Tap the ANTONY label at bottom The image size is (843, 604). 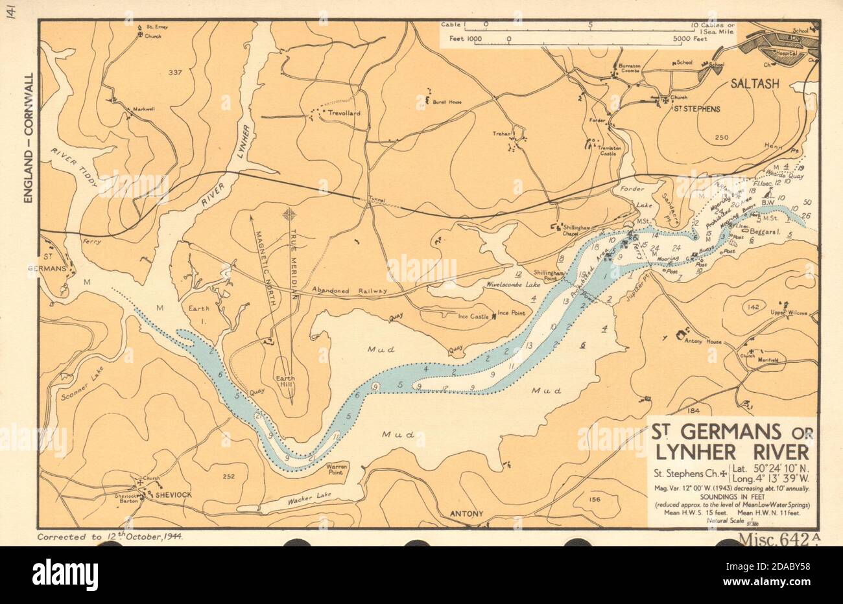tap(466, 514)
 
